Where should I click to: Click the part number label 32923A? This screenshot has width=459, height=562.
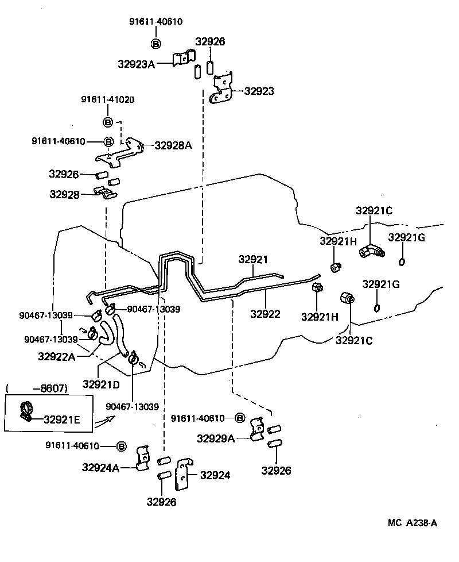coord(137,64)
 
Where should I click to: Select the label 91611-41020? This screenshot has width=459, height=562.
coord(107,99)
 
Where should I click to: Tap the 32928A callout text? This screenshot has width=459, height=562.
coord(173,145)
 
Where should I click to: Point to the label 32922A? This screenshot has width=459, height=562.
coord(57,356)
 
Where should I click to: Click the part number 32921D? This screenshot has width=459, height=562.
coord(101,383)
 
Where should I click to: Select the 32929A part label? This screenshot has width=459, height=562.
coord(216,438)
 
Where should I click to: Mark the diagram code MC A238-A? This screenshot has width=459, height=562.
coord(413,522)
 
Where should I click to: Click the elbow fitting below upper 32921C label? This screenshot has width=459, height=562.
coord(371,251)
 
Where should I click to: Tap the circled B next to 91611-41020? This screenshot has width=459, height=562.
coord(107,121)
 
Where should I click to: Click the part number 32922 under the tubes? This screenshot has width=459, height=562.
coord(265,314)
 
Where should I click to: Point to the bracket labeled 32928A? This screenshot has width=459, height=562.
coord(122,152)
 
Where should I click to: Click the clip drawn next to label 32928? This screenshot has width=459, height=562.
coord(104,194)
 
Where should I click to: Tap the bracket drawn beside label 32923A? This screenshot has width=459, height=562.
coord(184,59)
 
